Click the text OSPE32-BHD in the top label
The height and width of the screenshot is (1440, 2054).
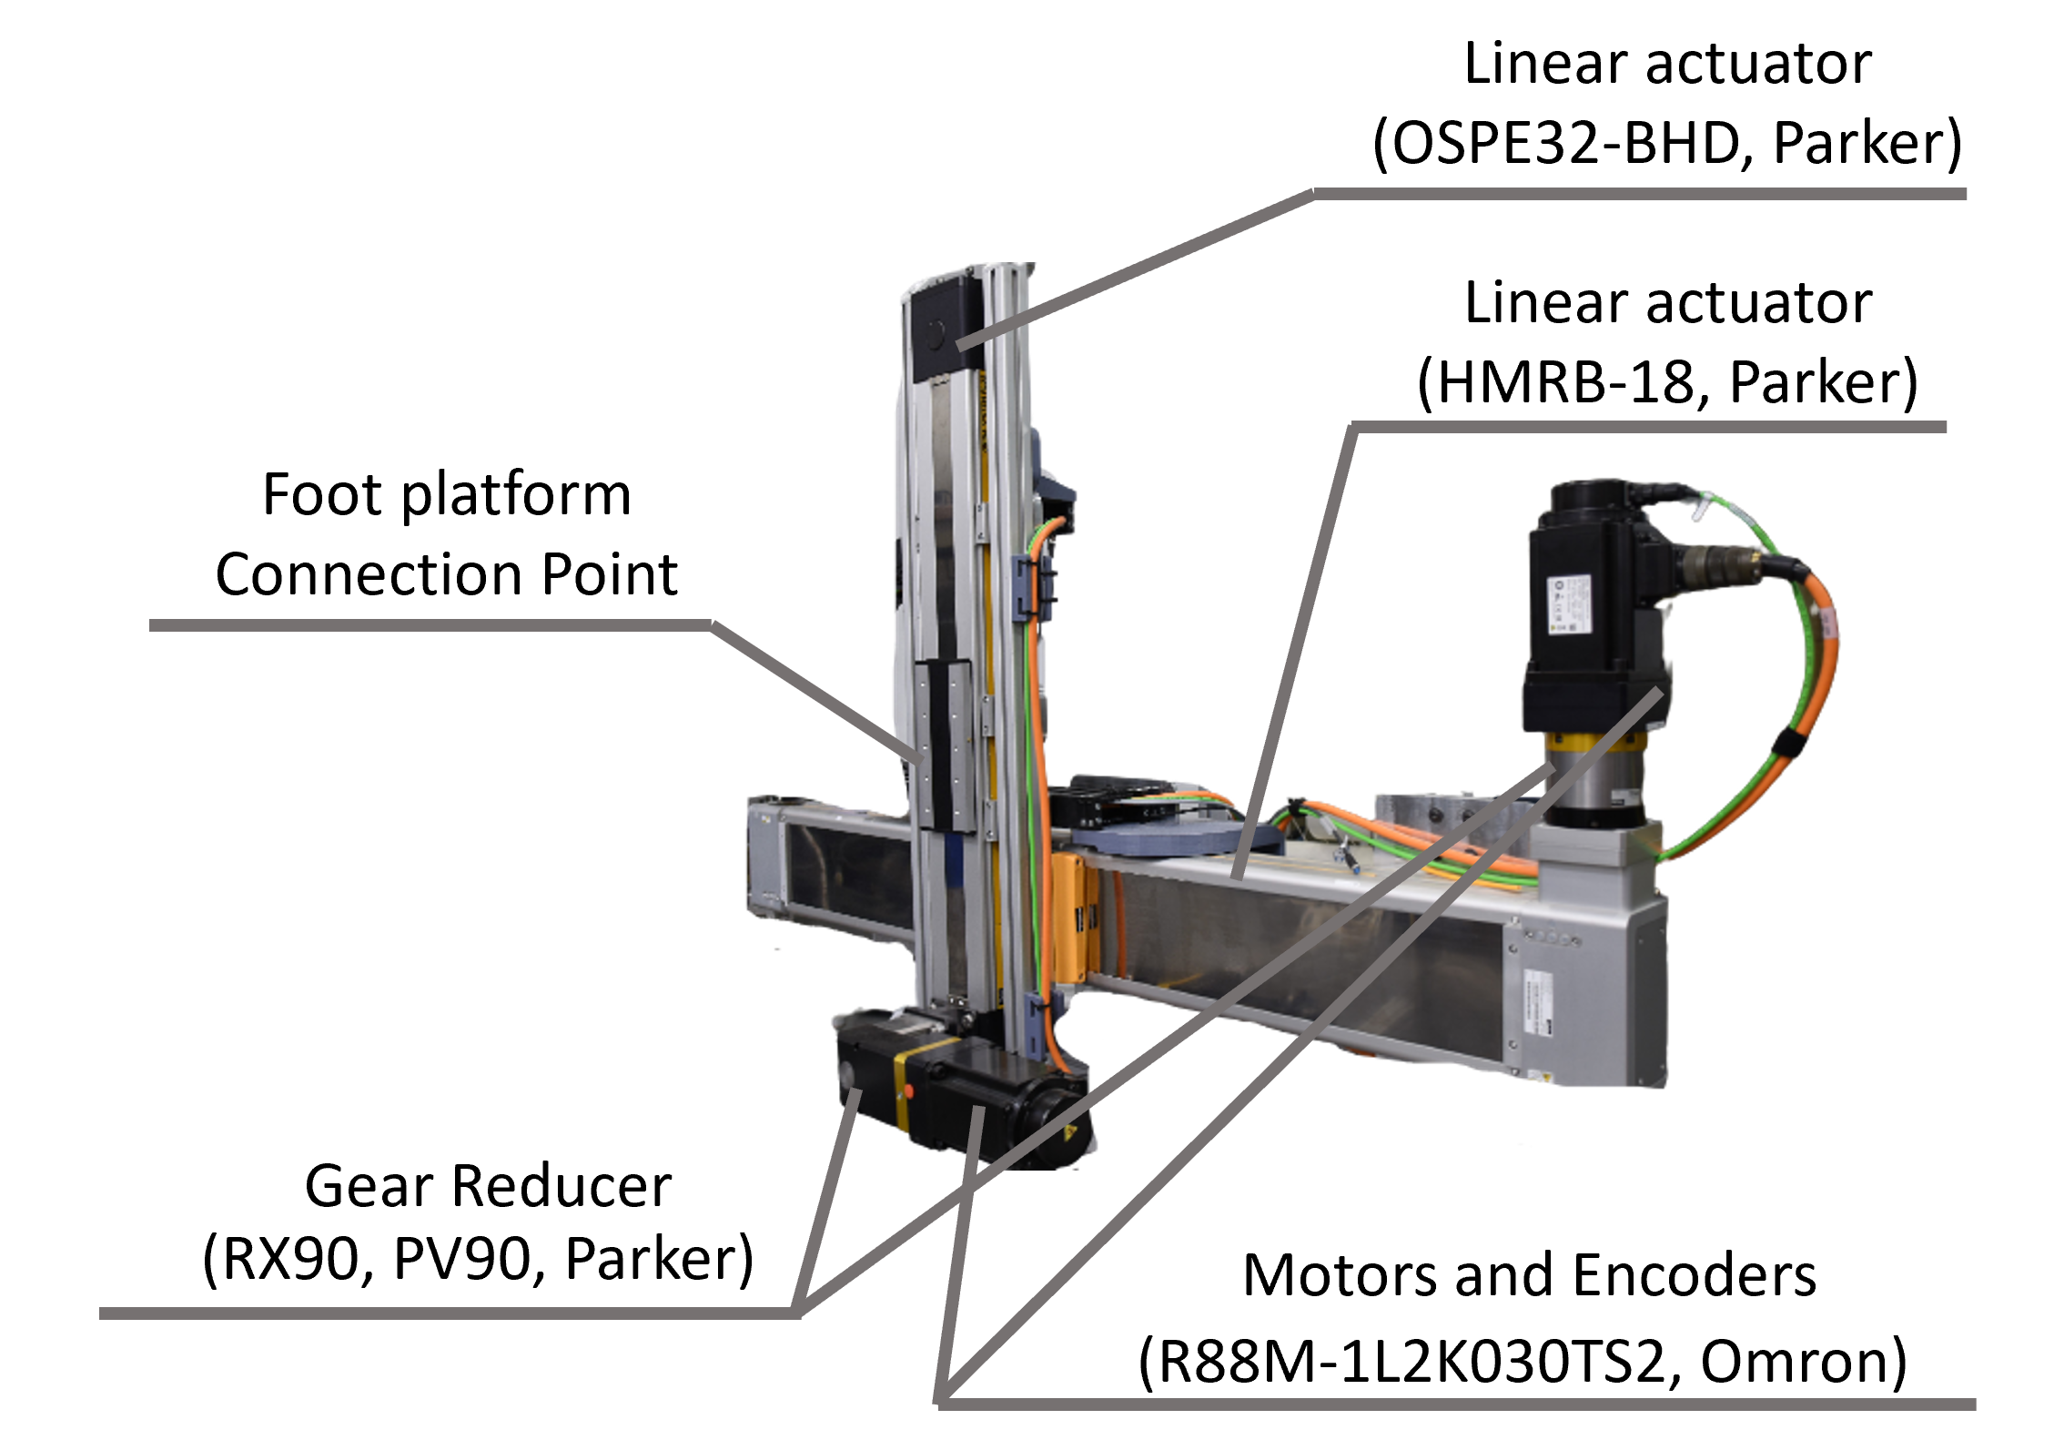point(1564,144)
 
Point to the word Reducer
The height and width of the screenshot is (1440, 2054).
point(562,1187)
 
